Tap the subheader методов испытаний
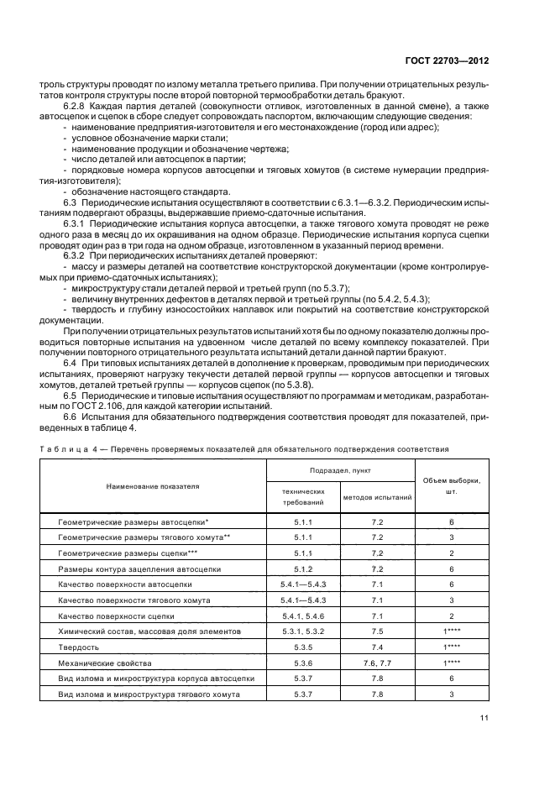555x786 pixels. coord(377,497)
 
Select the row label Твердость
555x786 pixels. coord(78,647)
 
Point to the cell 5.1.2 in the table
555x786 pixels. coord(302,569)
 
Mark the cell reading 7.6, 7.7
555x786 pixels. coord(377,663)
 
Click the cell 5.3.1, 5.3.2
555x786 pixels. coord(302,631)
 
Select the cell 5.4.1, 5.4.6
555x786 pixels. coord(302,616)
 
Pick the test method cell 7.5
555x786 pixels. coord(377,631)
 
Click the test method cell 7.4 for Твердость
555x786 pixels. coord(377,647)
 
